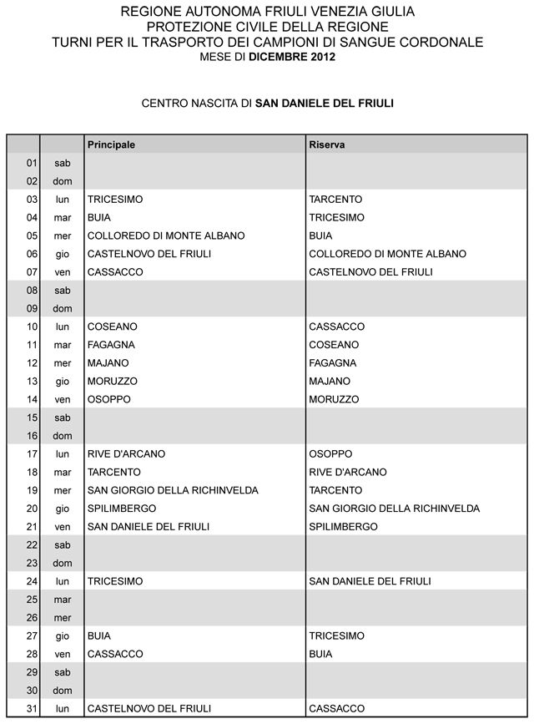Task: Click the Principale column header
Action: (111, 144)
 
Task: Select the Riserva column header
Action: (327, 144)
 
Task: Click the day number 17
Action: (33, 454)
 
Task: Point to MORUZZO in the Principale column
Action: (113, 381)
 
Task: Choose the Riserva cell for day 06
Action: (387, 254)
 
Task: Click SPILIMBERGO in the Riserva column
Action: (343, 527)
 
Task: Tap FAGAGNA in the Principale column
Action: (111, 345)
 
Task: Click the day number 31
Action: (33, 709)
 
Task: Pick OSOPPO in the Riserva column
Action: (330, 454)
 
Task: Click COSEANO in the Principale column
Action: (112, 327)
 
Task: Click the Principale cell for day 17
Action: (126, 454)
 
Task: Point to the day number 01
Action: (33, 163)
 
